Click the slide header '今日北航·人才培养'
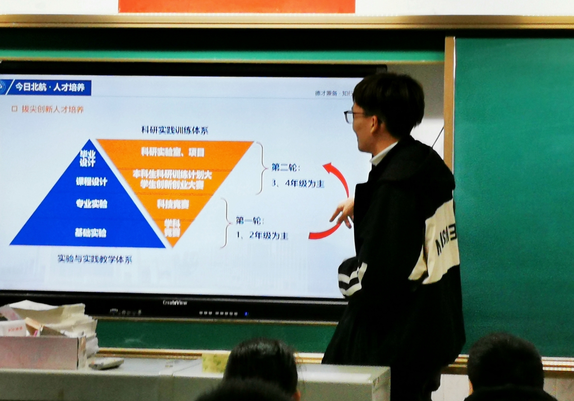tap(49, 87)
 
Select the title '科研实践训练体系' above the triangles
tap(174, 130)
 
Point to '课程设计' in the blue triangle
tap(91, 181)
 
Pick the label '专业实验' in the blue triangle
tap(91, 203)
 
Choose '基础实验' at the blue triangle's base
tap(90, 232)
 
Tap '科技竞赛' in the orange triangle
tap(173, 203)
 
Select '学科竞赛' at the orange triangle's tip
tap(172, 227)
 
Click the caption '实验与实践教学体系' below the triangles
tap(95, 259)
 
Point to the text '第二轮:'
tap(286, 167)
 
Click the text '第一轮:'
tap(249, 220)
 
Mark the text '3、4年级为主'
tap(298, 183)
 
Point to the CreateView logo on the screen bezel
tap(175, 302)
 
